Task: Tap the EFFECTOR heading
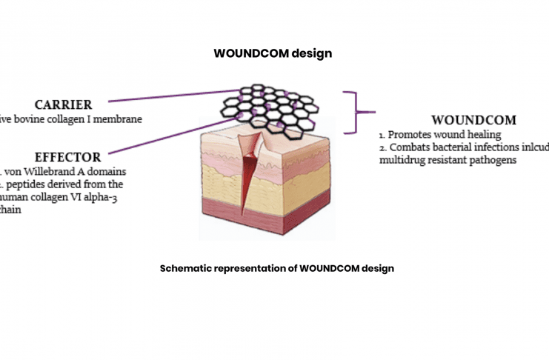[67, 157]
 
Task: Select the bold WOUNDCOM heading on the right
[473, 120]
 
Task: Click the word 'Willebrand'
[64, 172]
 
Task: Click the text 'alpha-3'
[100, 197]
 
